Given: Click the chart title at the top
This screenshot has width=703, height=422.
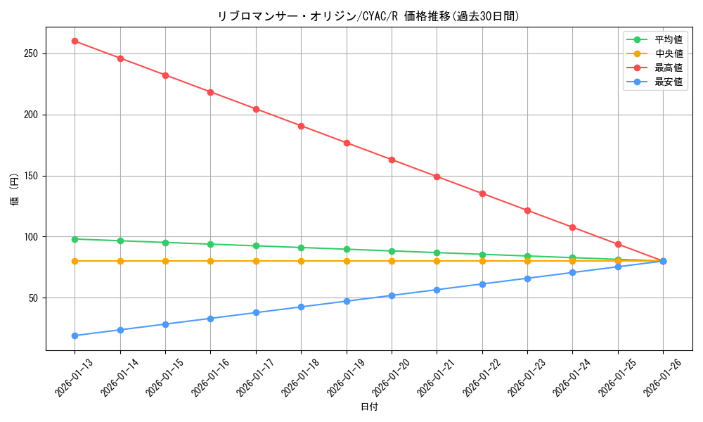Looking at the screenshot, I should point(369,16).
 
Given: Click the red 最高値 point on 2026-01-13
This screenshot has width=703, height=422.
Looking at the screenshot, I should point(75,41).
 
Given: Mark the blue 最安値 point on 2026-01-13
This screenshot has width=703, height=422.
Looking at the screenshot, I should point(75,335).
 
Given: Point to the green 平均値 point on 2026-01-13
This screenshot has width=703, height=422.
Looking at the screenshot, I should point(75,239).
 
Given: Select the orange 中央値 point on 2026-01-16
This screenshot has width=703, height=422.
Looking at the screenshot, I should point(210,261).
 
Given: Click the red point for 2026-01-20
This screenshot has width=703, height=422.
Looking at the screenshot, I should point(392,160).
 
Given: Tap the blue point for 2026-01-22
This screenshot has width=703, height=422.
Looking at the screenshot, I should point(482,284).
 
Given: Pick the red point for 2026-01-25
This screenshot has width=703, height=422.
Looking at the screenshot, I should point(618,244).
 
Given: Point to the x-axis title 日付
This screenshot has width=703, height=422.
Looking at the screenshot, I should point(369,407).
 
